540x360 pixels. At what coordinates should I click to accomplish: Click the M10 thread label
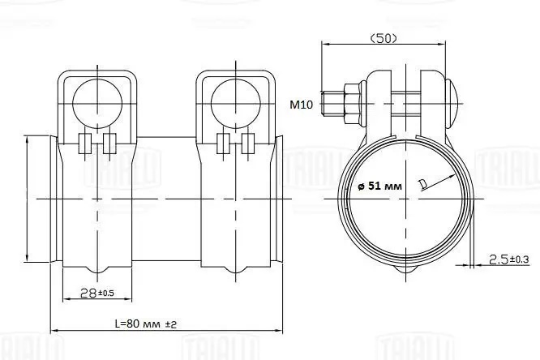coord(302,104)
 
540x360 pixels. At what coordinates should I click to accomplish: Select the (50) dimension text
coord(384,38)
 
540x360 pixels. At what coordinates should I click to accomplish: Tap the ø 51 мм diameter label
coord(379,186)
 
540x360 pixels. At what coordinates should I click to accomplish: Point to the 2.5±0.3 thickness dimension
coord(509,259)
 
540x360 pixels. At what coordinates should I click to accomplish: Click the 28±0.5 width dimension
coord(96,293)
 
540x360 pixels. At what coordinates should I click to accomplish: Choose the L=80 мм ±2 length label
coord(146,324)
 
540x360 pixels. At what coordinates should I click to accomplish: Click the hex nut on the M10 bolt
coord(351,103)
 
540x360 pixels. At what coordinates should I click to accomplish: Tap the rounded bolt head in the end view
coord(452,103)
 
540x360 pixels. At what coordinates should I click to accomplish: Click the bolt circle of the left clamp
coord(97,104)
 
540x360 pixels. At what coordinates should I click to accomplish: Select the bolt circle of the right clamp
coord(236,104)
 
